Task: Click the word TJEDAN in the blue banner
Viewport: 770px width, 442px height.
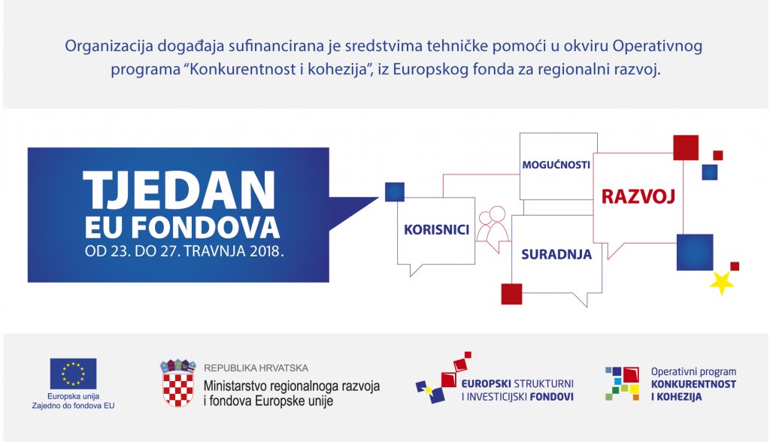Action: (x=179, y=190)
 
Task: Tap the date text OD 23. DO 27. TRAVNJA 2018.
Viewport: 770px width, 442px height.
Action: (x=184, y=252)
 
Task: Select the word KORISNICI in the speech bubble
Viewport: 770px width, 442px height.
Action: (x=437, y=230)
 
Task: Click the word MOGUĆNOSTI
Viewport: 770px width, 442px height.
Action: (x=556, y=165)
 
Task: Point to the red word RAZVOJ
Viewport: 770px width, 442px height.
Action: (x=638, y=196)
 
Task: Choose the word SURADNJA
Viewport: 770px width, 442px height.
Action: (x=556, y=254)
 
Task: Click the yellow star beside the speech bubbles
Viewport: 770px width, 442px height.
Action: (x=721, y=283)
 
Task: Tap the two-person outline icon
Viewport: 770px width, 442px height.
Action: (x=493, y=229)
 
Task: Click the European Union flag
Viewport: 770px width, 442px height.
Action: (x=73, y=374)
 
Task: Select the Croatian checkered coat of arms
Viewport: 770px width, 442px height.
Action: (x=177, y=383)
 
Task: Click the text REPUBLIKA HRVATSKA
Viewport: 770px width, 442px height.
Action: (x=256, y=368)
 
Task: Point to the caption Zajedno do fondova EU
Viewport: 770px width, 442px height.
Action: (x=73, y=406)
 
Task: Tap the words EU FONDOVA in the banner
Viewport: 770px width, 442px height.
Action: (x=182, y=228)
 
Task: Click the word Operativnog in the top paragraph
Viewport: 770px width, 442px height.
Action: (x=657, y=46)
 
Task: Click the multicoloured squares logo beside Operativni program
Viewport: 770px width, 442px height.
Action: (x=622, y=383)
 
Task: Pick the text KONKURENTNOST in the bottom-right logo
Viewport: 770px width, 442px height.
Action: (x=693, y=384)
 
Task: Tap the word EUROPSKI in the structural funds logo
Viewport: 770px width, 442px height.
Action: (x=486, y=384)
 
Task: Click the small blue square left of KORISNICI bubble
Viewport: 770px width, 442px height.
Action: (x=394, y=192)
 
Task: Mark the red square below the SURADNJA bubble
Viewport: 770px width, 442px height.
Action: (x=511, y=294)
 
